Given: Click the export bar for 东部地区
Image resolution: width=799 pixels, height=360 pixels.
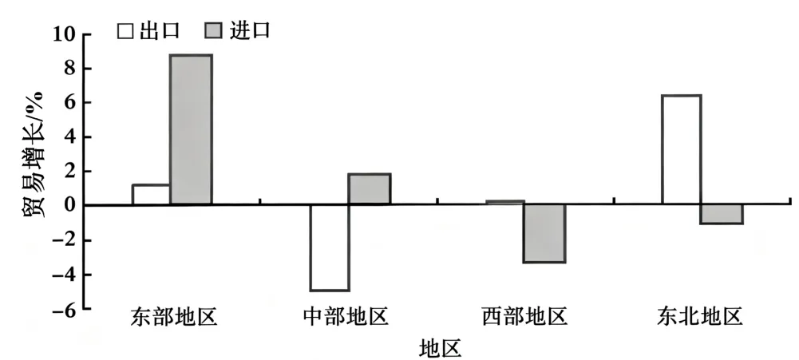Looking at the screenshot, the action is point(151,195).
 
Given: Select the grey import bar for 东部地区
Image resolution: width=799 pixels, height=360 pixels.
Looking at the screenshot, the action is point(191,129).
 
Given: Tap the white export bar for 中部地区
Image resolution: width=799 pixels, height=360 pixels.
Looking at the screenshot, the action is point(330,247).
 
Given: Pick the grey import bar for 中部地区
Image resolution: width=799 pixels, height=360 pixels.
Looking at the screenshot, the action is point(370,189).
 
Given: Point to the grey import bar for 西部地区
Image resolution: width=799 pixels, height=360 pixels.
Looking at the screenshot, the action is point(544,233).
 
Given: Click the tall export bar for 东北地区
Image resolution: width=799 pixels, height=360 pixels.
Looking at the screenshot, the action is point(682,150).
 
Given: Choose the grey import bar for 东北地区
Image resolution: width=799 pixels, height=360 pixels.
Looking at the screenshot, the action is point(722,214).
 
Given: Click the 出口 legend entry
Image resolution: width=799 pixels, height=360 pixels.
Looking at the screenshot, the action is point(148,31).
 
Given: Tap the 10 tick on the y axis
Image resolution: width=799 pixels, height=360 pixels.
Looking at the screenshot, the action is point(63,35).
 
